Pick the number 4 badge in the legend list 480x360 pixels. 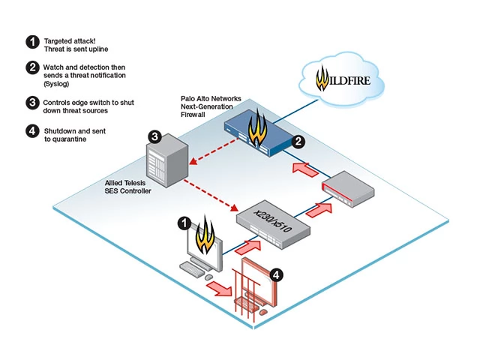pyautogui.click(x=31, y=131)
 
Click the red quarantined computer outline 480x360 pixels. pyautogui.click(x=255, y=289)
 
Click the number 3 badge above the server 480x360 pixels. pyautogui.click(x=154, y=136)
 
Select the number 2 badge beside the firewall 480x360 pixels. pyautogui.click(x=298, y=140)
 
